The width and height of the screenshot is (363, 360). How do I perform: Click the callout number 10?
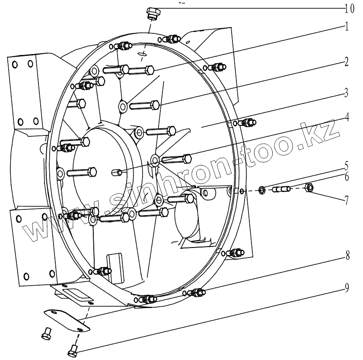(350, 8)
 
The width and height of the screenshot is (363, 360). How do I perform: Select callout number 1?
(347, 26)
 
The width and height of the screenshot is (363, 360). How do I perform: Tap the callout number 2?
(347, 62)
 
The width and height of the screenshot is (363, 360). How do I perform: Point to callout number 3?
(347, 93)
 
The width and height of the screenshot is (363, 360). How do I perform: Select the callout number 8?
(347, 255)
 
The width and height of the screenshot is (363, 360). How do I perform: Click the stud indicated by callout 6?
(281, 189)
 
